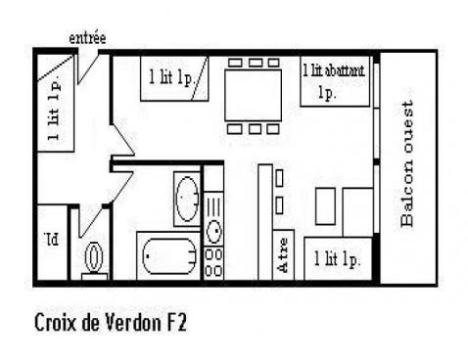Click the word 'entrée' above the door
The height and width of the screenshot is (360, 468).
[87, 38]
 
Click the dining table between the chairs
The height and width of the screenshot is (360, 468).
[255, 95]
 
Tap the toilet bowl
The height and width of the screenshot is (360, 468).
[95, 258]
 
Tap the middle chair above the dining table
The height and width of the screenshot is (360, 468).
[255, 63]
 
